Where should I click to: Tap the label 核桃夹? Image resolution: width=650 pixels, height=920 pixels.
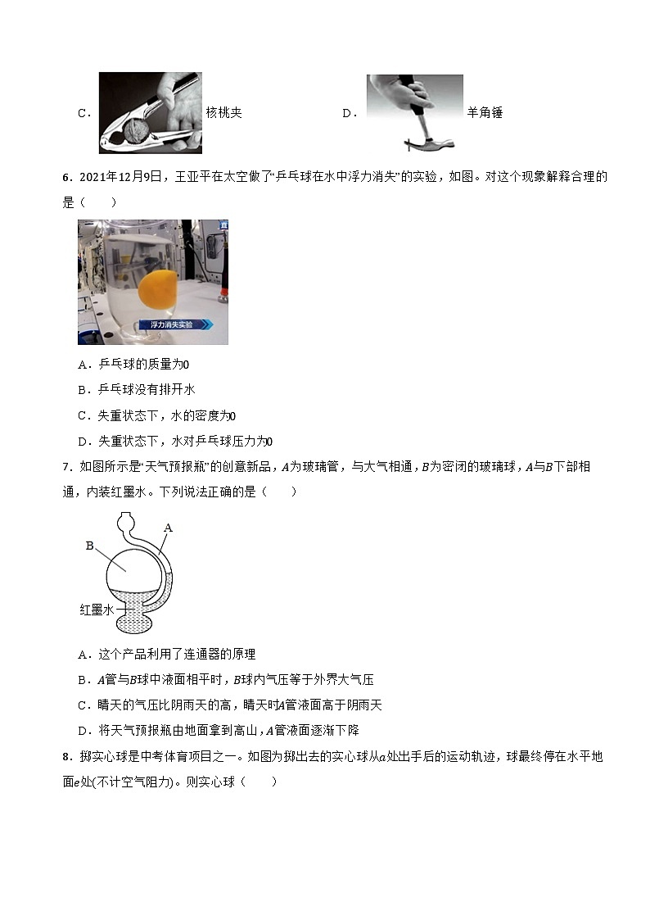[223, 113]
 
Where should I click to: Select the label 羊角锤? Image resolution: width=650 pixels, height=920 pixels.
[485, 113]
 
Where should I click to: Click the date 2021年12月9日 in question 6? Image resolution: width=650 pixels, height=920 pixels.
[120, 176]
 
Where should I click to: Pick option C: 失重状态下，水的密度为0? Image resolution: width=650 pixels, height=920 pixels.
[156, 415]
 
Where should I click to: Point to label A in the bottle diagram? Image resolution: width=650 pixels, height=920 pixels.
[168, 528]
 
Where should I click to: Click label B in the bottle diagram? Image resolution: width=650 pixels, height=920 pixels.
[90, 545]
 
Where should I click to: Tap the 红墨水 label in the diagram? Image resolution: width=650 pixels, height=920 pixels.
[96, 610]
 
